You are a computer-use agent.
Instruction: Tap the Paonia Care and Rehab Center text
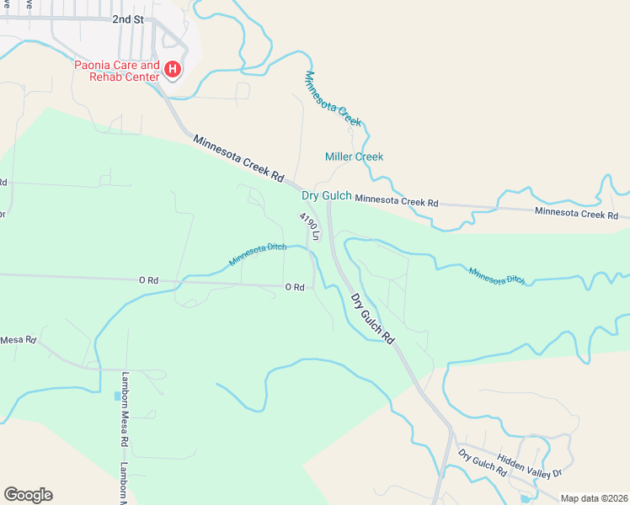coord(117,71)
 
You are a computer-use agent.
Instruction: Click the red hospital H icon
coord(173,69)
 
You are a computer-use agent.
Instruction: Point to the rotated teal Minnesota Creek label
coord(333,98)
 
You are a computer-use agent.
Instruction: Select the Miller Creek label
coord(354,157)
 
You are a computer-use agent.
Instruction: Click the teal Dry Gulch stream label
coord(327,196)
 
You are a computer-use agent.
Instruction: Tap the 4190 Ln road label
coord(309,226)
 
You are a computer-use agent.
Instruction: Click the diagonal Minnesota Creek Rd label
coord(238,157)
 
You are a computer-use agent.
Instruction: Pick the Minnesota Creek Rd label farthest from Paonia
coord(582,214)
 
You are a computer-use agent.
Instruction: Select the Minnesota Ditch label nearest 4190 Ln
coord(258,253)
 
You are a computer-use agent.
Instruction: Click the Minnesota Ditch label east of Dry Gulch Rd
coord(497,276)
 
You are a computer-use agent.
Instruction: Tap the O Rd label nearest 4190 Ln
coord(294,287)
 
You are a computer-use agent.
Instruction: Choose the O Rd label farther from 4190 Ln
coord(148,280)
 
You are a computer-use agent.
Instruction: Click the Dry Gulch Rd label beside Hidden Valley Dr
coord(483,464)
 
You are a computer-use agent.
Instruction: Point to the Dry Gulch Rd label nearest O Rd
coord(372,317)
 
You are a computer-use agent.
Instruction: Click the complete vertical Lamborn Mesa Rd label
coord(124,409)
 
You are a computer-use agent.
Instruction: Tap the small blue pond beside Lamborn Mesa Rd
coord(117,395)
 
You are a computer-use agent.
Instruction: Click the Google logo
coord(28,495)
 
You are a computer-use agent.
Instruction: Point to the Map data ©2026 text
coord(593,498)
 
